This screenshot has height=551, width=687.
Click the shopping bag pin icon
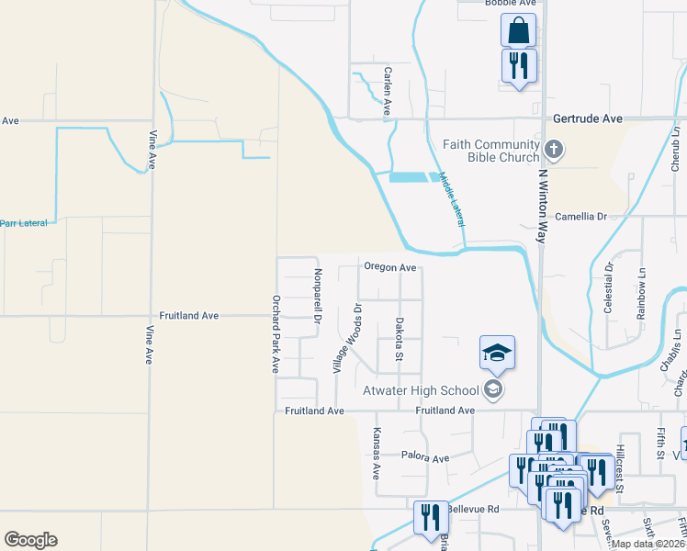click(518, 30)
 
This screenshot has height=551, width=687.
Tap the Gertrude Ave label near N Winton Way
click(588, 119)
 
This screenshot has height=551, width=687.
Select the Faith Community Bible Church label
click(490, 151)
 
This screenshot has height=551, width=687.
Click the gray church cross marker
click(553, 149)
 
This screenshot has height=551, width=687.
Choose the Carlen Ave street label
click(388, 91)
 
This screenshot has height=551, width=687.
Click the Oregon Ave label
click(390, 267)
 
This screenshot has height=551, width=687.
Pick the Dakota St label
click(400, 340)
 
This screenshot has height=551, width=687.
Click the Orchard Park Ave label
click(275, 332)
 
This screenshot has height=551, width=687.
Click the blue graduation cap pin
click(497, 353)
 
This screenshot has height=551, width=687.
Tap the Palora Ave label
click(425, 456)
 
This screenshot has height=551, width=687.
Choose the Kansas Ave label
click(377, 458)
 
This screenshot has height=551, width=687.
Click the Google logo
click(30, 540)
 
